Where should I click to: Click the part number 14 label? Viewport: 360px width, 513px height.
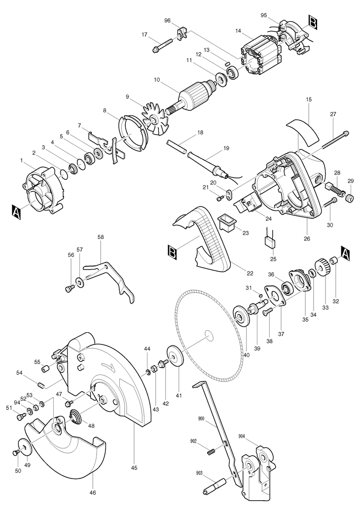click(238, 31)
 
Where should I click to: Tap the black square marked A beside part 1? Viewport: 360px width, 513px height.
click(16, 212)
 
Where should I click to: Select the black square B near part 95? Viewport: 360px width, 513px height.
click(312, 22)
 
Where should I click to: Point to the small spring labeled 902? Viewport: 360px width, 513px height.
click(212, 451)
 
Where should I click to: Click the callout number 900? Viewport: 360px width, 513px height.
click(201, 418)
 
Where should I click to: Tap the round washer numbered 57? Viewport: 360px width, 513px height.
click(79, 281)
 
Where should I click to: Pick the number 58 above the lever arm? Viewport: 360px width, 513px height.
click(101, 237)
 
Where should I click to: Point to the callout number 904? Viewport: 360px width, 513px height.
click(242, 436)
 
